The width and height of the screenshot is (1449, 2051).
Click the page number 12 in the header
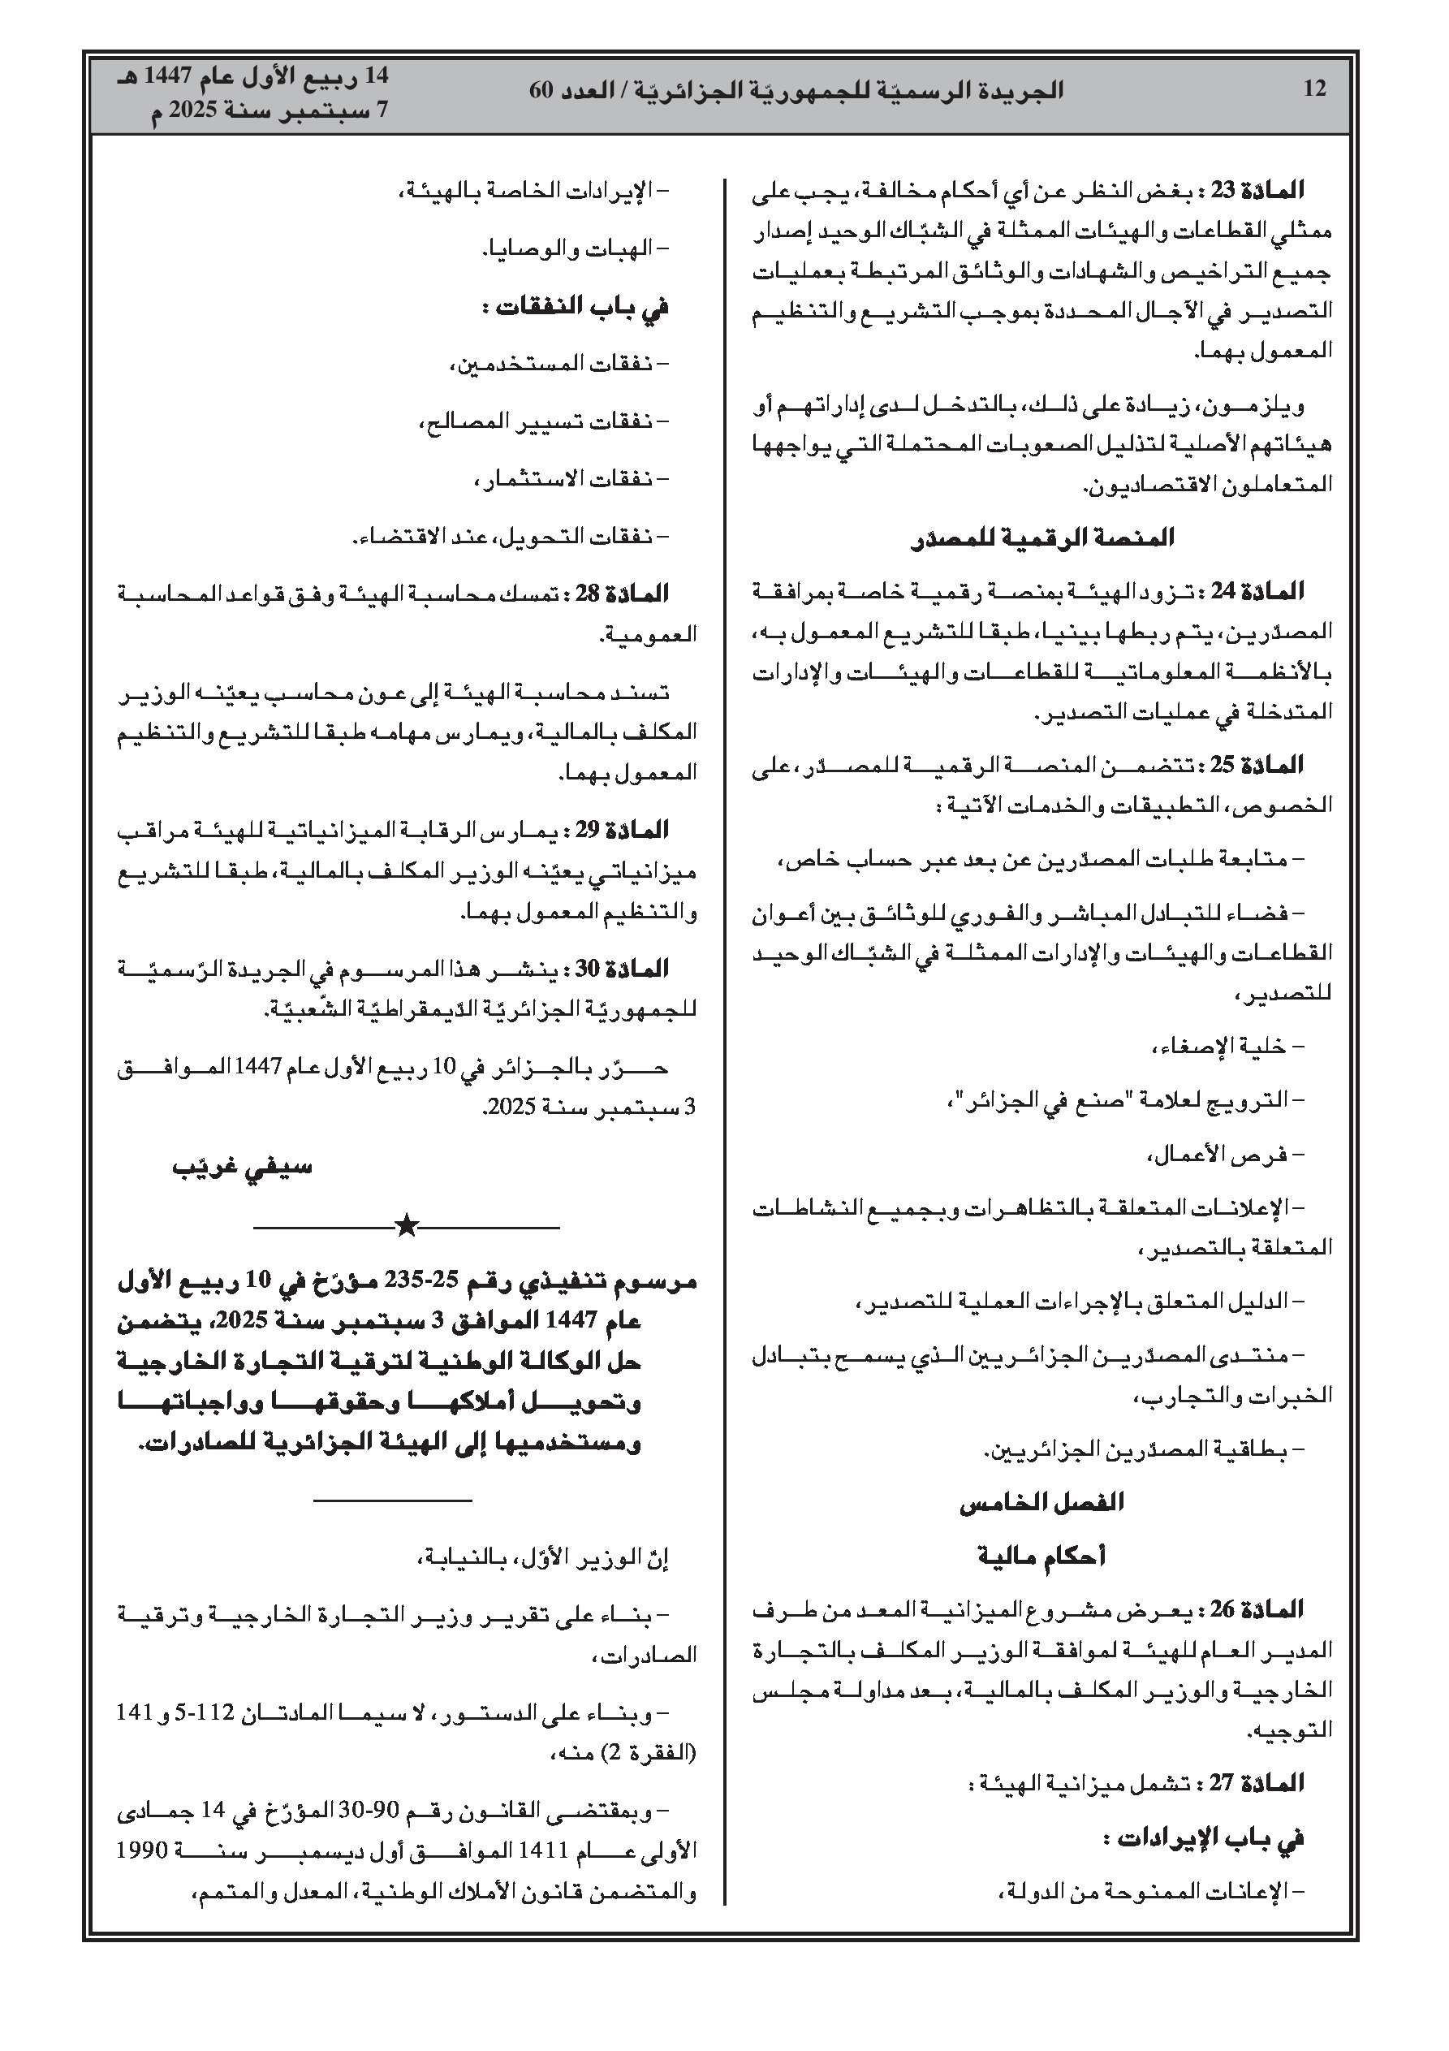click(x=1315, y=89)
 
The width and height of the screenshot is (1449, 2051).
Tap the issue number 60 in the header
click(x=543, y=89)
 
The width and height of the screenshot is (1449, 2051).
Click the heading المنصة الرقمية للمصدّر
click(x=1041, y=538)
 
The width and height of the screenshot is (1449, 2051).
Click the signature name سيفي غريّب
click(x=243, y=1168)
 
